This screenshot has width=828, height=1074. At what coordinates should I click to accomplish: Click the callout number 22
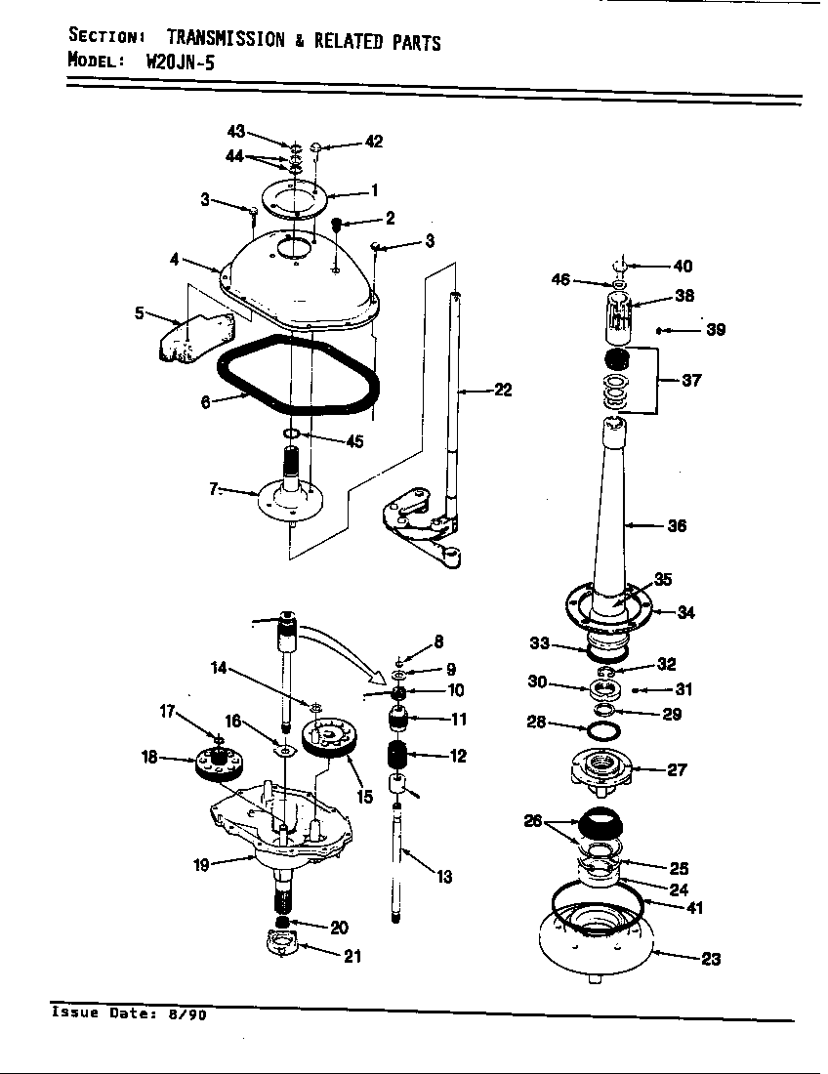502,391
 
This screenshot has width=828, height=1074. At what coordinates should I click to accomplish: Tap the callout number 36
676,526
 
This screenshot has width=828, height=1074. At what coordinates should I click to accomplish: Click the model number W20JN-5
182,61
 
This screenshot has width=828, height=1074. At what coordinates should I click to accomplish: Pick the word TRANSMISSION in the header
227,40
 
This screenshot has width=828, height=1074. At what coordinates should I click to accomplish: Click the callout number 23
711,959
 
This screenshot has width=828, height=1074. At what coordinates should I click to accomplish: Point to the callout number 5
139,313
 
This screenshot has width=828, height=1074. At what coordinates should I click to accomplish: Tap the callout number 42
373,142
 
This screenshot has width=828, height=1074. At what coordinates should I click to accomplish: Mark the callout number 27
677,769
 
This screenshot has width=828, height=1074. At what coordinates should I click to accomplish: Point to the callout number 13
444,877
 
